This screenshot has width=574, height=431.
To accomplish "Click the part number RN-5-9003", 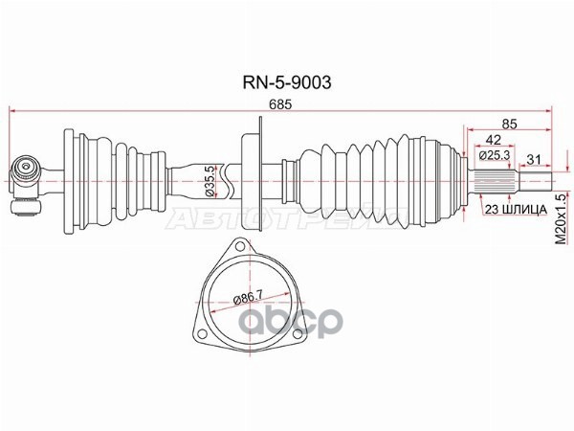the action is [287, 82].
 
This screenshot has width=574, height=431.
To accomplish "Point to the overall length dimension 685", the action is [280, 104].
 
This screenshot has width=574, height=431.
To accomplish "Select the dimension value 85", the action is [509, 125].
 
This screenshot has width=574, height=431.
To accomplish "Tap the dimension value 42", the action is [493, 141].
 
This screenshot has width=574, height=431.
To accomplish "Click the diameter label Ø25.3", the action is [495, 155].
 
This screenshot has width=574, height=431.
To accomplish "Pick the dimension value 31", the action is [533, 159].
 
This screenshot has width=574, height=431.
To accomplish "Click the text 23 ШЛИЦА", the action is [516, 210].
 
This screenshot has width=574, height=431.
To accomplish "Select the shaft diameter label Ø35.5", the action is [210, 182].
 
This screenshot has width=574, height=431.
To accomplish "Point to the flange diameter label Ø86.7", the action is [249, 298].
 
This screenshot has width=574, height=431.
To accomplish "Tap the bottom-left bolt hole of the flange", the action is [201, 334].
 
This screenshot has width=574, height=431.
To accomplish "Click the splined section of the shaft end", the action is [492, 181].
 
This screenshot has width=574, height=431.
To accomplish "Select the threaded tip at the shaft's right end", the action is [537, 181].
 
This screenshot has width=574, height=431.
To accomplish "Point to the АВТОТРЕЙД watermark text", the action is [289, 219].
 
